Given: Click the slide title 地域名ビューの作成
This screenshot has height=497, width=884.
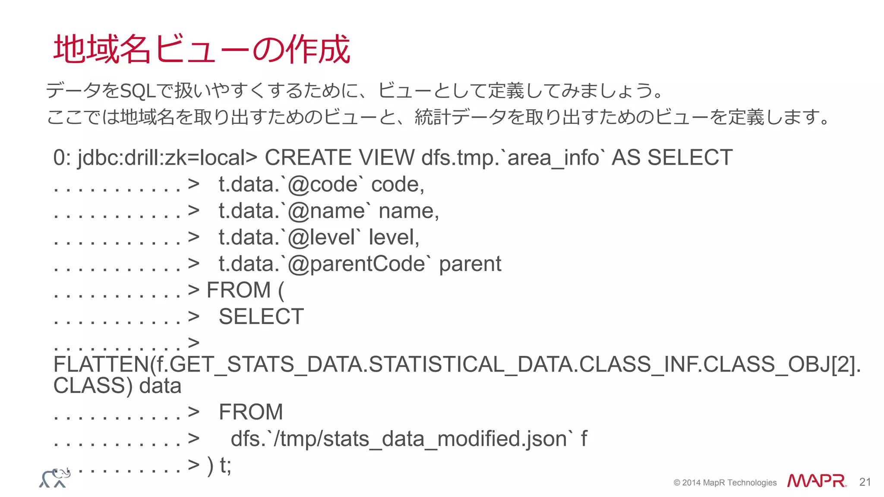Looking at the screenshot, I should (202, 49).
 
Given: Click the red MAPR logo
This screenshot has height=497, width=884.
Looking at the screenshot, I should (816, 481).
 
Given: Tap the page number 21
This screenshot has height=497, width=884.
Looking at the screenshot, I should (865, 482).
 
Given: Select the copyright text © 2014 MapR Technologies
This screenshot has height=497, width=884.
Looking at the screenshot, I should (725, 483).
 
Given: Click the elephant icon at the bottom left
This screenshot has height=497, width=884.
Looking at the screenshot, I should (55, 478).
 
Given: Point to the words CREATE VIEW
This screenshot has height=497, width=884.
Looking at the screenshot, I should (339, 157).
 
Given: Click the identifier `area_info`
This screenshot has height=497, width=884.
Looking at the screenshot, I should (554, 157).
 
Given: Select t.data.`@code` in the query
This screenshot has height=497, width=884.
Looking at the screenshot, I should (288, 185).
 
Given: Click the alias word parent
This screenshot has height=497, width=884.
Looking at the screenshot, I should (470, 264).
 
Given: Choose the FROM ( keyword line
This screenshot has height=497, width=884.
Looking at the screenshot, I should (245, 290).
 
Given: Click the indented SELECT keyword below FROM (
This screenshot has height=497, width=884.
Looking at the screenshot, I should (261, 317).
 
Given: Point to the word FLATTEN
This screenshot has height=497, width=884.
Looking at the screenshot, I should (101, 365).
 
